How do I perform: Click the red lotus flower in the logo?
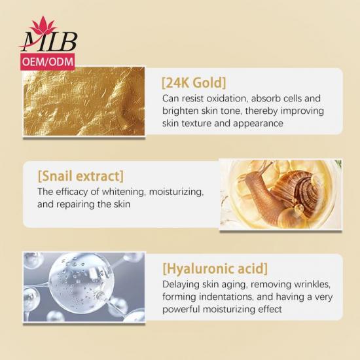click(x=43, y=25)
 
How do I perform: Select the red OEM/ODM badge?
click(x=48, y=62)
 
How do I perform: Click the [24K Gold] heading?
click(x=194, y=83)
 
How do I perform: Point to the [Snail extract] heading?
click(x=81, y=176)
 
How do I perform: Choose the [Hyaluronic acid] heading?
click(x=215, y=269)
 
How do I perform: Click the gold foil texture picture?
click(x=84, y=101)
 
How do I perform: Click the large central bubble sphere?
click(x=82, y=283)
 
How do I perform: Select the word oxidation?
click(x=226, y=98)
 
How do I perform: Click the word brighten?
click(x=180, y=111)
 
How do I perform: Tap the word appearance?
click(x=258, y=124)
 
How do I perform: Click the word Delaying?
click(x=181, y=285)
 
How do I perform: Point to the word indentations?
click(x=226, y=297)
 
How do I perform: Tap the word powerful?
click(x=181, y=310)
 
